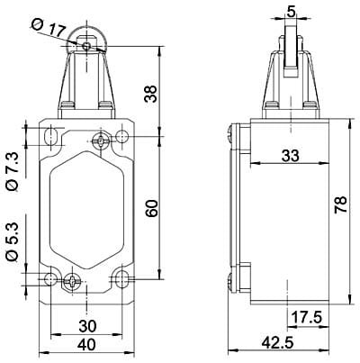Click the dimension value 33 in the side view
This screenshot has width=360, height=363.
[290, 155]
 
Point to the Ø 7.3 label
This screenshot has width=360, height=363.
[12, 168]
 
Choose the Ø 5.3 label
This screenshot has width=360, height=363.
[12, 240]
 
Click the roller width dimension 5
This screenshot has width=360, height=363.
[289, 12]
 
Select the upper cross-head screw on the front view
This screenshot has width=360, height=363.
[101, 140]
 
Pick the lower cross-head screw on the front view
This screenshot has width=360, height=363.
[72, 280]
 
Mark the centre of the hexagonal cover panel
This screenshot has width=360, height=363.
[86, 208]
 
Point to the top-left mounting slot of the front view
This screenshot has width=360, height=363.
[51, 137]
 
